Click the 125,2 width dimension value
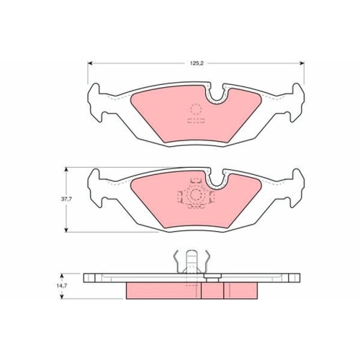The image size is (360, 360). coord(197,63)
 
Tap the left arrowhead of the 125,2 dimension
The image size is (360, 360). coord(90,63)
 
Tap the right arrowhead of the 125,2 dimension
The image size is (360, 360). coord(302,63)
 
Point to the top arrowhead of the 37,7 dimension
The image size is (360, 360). coord(66,170)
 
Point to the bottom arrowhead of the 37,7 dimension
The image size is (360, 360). coord(66,230)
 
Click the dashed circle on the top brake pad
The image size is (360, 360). coord(196,109)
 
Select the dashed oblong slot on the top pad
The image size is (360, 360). coord(196,121)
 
